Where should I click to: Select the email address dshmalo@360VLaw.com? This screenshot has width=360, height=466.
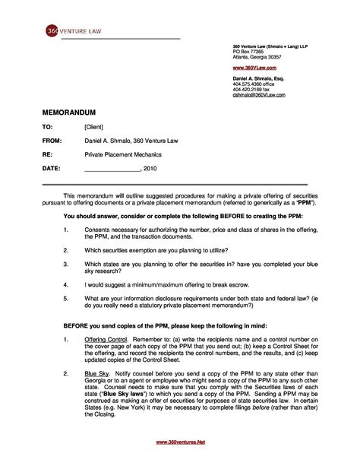click(259, 95)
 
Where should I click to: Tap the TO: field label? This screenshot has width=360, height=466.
click(47, 127)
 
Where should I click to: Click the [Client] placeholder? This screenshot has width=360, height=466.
click(94, 127)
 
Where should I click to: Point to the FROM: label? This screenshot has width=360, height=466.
click(52, 141)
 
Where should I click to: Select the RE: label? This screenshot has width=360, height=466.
click(46, 154)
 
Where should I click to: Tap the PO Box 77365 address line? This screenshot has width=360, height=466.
click(248, 51)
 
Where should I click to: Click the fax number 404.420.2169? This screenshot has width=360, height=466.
click(248, 90)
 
